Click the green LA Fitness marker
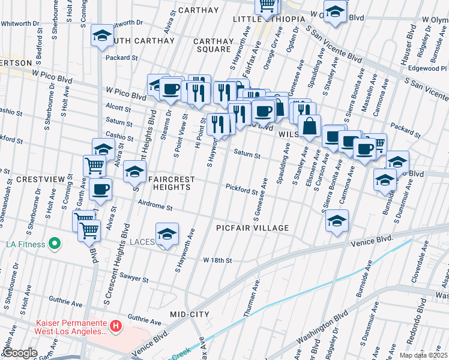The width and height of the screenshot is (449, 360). pos(55,244)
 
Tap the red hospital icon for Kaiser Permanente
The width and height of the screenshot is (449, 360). pos(116,326)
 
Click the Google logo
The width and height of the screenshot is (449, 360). pos(20,353)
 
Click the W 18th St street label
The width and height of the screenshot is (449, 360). pos(217,260)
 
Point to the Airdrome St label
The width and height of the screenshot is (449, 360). pos(155,208)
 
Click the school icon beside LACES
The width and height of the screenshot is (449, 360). pos(167,233)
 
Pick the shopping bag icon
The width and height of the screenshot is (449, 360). pos(309,126)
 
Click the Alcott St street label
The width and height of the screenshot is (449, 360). pos(118,109)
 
